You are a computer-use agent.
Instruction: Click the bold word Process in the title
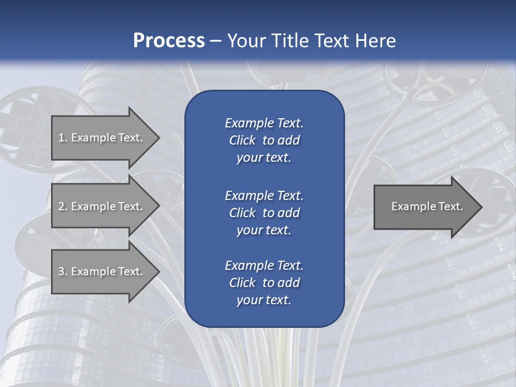point(169,41)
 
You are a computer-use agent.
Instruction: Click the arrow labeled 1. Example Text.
point(102,138)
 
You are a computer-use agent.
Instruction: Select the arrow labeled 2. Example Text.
point(102,206)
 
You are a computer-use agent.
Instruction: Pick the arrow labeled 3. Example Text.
point(102,271)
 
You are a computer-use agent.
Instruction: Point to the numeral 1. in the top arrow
point(62,138)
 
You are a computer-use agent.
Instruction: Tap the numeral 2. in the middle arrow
point(62,206)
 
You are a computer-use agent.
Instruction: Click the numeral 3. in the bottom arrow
point(62,271)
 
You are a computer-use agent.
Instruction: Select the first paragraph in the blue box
point(264,140)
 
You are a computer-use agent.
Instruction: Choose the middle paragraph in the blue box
point(264,212)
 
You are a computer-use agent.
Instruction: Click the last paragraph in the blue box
point(264,283)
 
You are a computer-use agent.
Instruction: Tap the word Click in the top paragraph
point(242,140)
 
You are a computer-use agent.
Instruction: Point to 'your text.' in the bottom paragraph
point(264,300)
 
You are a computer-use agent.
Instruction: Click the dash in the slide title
point(216,41)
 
